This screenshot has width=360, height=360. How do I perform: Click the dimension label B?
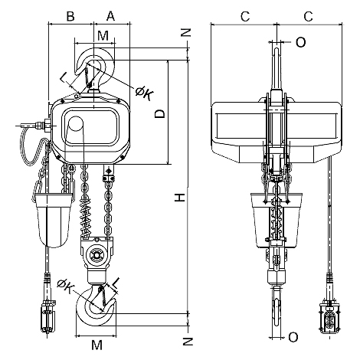(x=70, y=16)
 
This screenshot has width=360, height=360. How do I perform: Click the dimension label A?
(x=110, y=16)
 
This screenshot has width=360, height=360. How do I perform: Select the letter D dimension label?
(x=160, y=113)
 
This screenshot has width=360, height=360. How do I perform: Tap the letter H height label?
(x=180, y=198)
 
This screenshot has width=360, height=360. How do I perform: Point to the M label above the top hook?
(x=103, y=36)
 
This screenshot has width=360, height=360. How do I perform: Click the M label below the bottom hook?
(x=97, y=345)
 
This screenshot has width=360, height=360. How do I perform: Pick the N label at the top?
(x=186, y=32)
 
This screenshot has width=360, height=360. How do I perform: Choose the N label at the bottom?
(x=188, y=342)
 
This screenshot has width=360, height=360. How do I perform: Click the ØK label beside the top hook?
(x=144, y=93)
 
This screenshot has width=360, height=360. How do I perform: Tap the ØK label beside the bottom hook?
(x=64, y=286)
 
